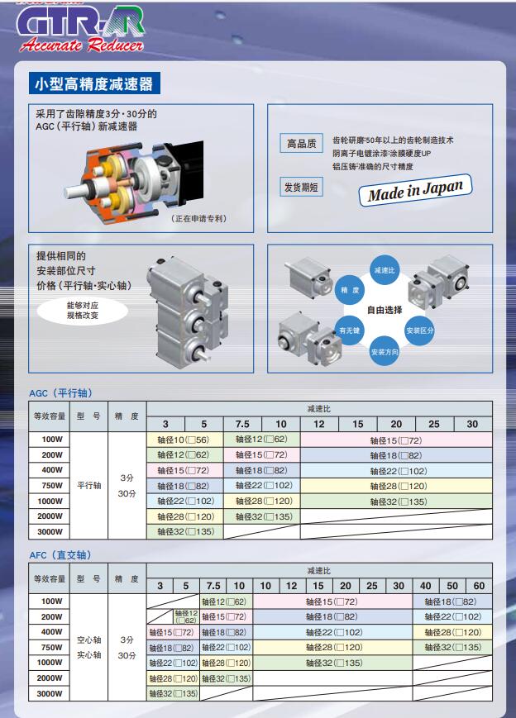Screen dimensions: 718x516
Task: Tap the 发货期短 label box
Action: point(301,187)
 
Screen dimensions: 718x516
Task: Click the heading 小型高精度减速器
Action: point(90,83)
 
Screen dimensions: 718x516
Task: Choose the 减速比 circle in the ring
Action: point(385,270)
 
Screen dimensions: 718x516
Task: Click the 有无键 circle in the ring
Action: point(350,330)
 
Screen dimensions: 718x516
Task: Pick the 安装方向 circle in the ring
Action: point(385,352)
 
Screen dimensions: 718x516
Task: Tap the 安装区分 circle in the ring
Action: point(419,330)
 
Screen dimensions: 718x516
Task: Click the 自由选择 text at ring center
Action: point(385,310)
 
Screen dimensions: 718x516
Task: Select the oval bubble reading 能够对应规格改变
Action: point(82,310)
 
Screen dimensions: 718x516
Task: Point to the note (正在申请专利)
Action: point(198,219)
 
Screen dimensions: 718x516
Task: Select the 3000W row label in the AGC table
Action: point(50,531)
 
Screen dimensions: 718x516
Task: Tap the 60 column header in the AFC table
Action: point(479,586)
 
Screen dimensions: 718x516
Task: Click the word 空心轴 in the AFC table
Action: point(89,640)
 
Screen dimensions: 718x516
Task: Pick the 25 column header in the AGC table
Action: point(434,424)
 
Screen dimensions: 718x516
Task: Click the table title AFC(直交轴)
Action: point(60,554)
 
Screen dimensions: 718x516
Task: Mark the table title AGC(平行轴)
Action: point(60,392)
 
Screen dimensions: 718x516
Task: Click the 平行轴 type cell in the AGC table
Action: point(89,486)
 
